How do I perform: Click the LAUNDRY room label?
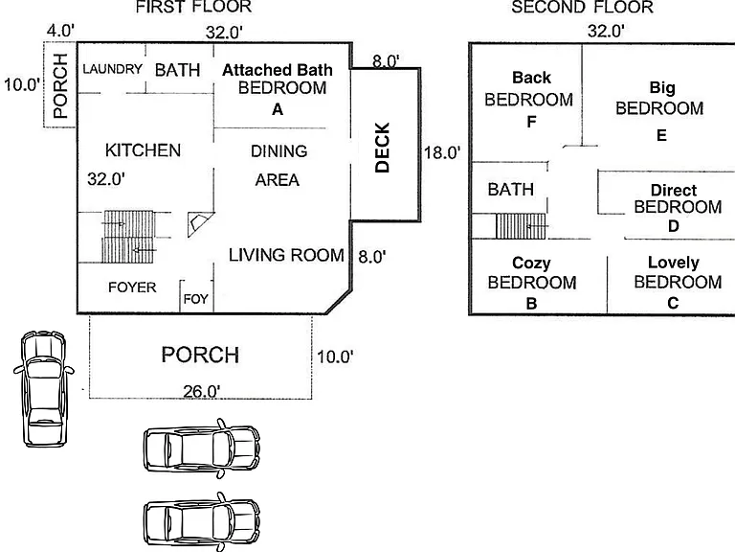point(113,69)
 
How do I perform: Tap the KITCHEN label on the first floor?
point(143,150)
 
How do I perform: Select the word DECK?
point(383,148)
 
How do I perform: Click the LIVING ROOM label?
point(286,255)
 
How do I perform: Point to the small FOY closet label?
point(196,299)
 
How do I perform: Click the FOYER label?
point(132,287)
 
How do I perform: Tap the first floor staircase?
point(128,236)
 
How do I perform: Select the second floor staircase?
point(521,226)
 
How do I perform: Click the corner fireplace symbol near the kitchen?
point(200,224)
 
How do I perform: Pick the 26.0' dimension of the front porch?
point(202,391)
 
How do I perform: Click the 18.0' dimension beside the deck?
point(442,153)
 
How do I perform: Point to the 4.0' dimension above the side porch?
point(60,31)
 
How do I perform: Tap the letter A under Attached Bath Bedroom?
point(278,110)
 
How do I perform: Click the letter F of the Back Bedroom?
point(531,122)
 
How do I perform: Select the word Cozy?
point(531,263)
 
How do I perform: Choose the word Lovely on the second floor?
point(674,263)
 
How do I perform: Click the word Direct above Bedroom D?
point(674,190)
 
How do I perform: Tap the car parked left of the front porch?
point(43,388)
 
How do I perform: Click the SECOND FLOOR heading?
point(582,7)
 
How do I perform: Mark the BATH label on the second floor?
point(511,190)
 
